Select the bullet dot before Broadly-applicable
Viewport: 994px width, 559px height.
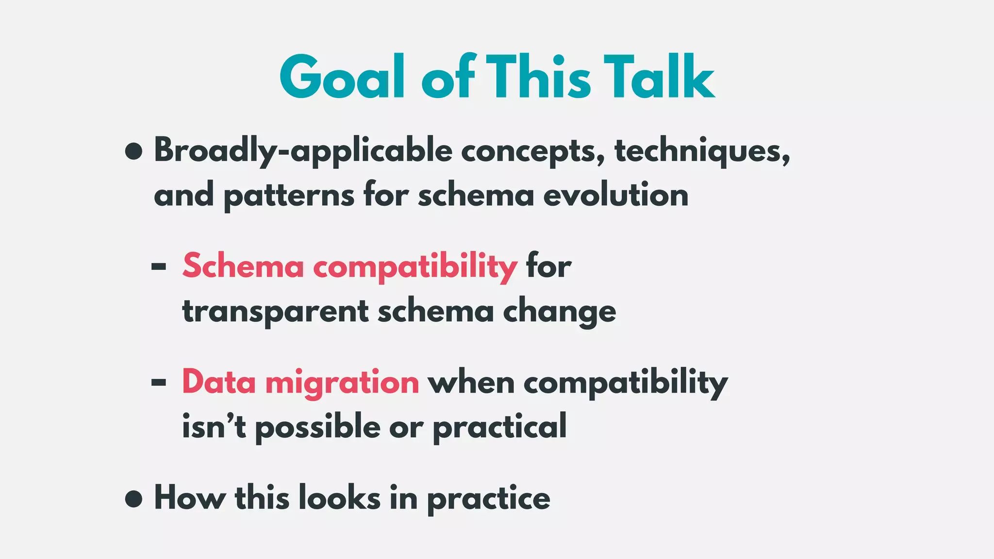point(133,151)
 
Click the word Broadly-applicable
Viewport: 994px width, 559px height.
point(303,151)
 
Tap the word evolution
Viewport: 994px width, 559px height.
point(615,195)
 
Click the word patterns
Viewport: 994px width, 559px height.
point(289,196)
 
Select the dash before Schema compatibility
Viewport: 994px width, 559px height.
point(159,266)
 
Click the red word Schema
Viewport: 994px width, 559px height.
point(243,266)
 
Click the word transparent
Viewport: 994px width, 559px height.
point(275,311)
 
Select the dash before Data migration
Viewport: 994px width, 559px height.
point(159,382)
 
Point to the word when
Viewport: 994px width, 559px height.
point(471,382)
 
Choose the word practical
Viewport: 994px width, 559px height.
point(499,427)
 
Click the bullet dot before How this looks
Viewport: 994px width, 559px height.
point(133,498)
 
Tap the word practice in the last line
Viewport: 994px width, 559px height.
point(488,499)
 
